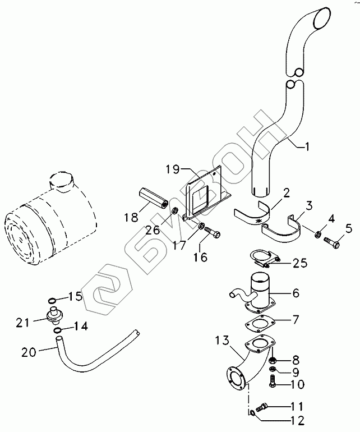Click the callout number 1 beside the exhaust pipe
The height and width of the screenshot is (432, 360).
[x=306, y=146]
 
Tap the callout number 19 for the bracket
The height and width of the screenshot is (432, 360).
[x=172, y=169]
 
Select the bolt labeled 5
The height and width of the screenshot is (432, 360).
[x=331, y=243]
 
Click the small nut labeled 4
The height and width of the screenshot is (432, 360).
[x=317, y=235]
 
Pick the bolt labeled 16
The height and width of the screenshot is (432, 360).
[x=213, y=231]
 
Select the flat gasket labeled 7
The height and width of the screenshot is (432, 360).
[x=260, y=323]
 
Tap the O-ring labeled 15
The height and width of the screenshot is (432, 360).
[x=52, y=300]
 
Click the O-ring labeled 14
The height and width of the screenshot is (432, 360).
[x=57, y=330]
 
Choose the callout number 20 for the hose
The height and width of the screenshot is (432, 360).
[x=29, y=352]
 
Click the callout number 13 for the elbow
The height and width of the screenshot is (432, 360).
[x=223, y=341]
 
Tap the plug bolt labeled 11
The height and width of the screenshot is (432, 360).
[x=262, y=406]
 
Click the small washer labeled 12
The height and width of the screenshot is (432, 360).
[x=252, y=412]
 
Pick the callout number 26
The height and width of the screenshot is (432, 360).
[x=153, y=229]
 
